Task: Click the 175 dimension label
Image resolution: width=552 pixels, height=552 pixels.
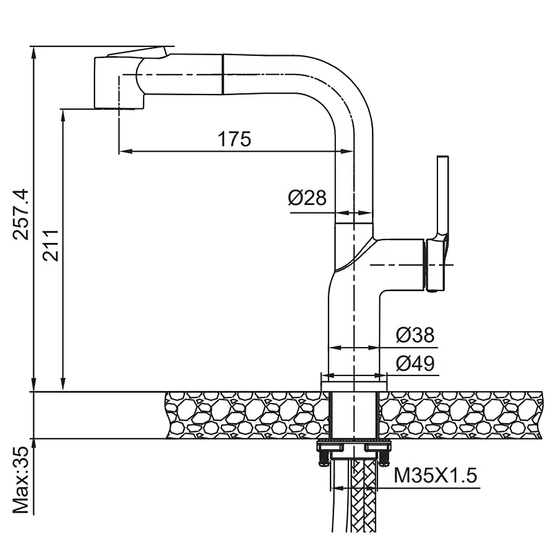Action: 234,139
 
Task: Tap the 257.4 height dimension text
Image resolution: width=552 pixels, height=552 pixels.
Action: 21,215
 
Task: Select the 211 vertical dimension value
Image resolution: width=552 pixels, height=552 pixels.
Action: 50,245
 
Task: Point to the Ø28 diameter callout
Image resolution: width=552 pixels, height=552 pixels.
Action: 307,197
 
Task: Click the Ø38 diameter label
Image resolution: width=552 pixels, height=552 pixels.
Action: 415,335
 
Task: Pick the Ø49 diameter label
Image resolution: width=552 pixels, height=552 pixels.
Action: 415,364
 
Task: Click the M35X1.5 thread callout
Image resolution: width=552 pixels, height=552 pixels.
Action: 435,475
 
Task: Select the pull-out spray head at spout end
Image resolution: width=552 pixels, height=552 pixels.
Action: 119,83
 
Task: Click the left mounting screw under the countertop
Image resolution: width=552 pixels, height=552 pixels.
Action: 322,458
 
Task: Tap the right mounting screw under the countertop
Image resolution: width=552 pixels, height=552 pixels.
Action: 384,458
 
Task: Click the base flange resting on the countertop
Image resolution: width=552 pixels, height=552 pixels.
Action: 354,386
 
